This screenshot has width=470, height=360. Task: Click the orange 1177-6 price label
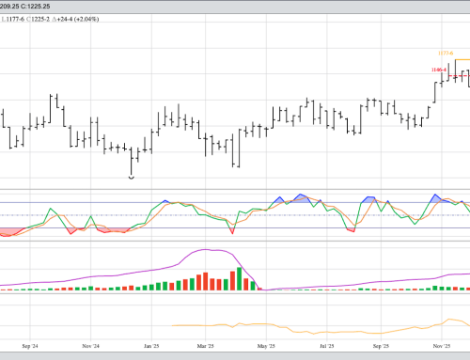click(x=446, y=53)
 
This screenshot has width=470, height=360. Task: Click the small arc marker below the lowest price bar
click(x=131, y=177)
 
